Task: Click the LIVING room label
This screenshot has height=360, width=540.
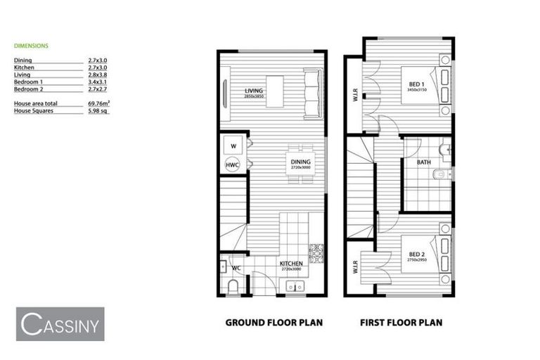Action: pos(254,91)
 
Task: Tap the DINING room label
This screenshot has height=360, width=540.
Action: pos(301,162)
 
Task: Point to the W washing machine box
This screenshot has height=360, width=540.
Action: pos(233,146)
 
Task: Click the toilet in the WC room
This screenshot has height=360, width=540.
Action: pos(233,287)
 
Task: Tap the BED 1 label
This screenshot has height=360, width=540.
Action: pos(416,85)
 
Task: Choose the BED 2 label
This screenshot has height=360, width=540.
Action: pos(417,254)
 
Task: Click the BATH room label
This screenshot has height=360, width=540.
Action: pos(423,162)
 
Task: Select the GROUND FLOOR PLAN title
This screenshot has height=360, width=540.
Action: pos(274,323)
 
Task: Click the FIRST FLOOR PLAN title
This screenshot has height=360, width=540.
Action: pos(401,323)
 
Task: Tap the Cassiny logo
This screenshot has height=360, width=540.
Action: pos(60,324)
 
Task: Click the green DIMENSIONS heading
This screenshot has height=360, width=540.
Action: pos(32,45)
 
